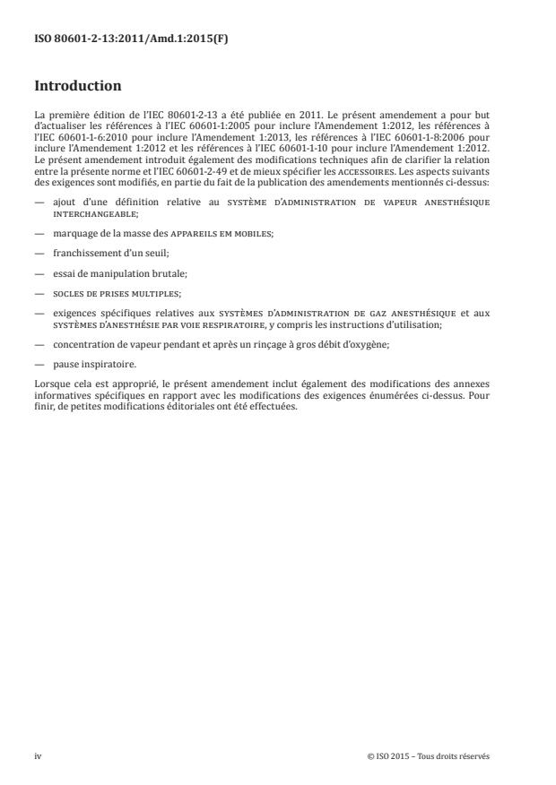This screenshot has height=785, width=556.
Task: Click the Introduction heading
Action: (77, 87)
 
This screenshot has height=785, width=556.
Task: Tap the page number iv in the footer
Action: (38, 755)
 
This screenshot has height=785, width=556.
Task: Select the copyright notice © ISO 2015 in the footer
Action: (429, 755)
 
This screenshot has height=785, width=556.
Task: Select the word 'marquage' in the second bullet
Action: (75, 235)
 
